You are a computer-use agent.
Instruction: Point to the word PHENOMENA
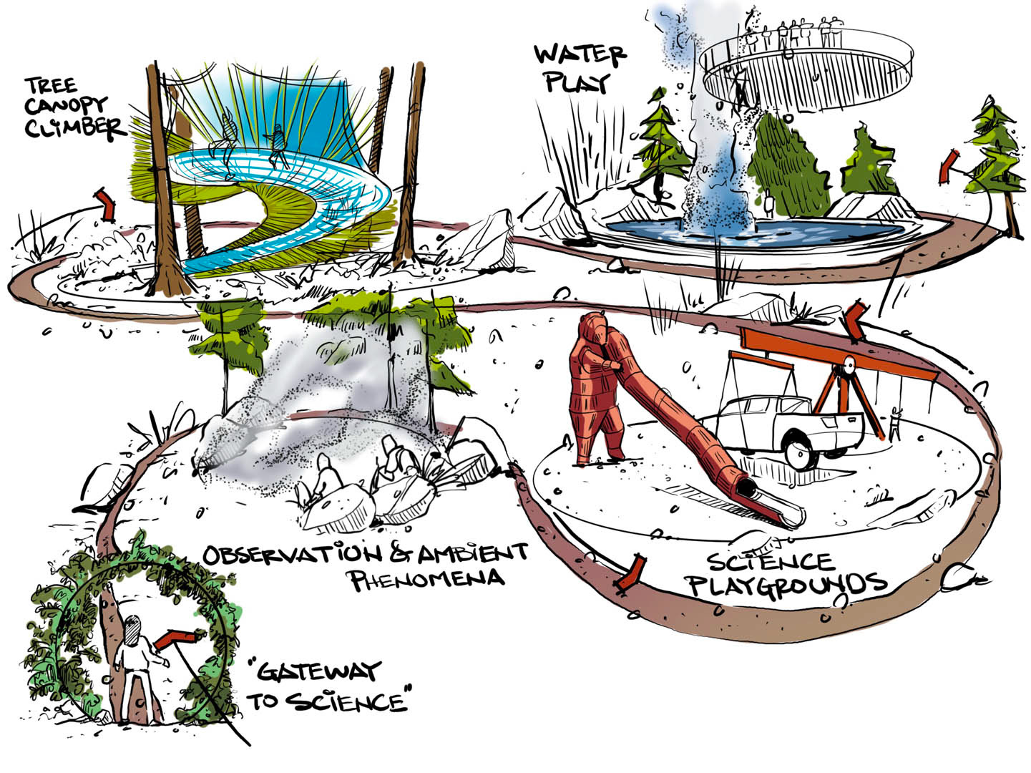point(428,578)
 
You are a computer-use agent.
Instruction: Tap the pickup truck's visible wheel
point(801,452)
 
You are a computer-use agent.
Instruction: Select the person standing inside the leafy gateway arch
point(135,669)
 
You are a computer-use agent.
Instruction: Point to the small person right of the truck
point(894,423)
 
